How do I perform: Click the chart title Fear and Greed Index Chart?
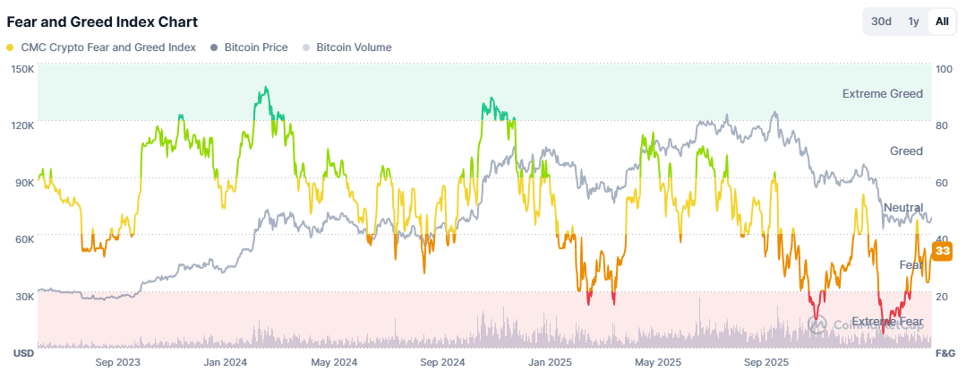coord(102,22)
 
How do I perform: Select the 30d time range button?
coord(881,22)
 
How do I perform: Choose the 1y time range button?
coord(913,22)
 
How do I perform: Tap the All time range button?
coord(942,22)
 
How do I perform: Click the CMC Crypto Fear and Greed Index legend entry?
coord(101,48)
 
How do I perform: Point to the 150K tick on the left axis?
coord(22,68)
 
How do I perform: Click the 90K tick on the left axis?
coord(22,182)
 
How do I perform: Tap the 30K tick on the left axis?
coord(22,296)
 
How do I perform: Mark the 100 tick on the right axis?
coord(945,68)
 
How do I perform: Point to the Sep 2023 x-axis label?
coord(117,362)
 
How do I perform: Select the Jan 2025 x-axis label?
coord(550,362)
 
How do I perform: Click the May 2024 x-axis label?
coord(334,362)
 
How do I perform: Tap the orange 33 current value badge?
coord(941,252)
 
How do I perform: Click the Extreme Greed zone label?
coord(882,93)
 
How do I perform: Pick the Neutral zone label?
coord(902,208)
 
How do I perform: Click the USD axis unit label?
coord(23,353)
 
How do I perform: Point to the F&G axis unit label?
coord(945,353)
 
